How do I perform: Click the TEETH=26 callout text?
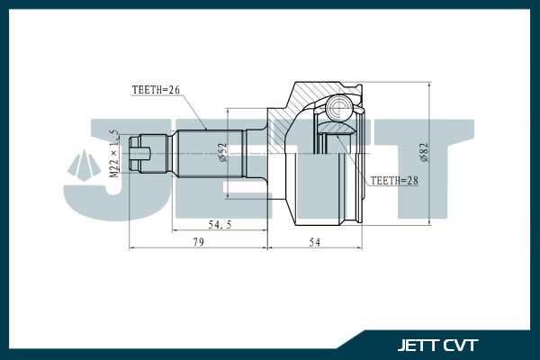click(157, 89)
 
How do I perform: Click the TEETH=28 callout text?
click(395, 180)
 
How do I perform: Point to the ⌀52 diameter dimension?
click(221, 152)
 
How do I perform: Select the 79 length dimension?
click(197, 242)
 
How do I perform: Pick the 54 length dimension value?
click(316, 242)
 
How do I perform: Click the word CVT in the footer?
click(460, 346)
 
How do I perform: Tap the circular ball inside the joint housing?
click(339, 110)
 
